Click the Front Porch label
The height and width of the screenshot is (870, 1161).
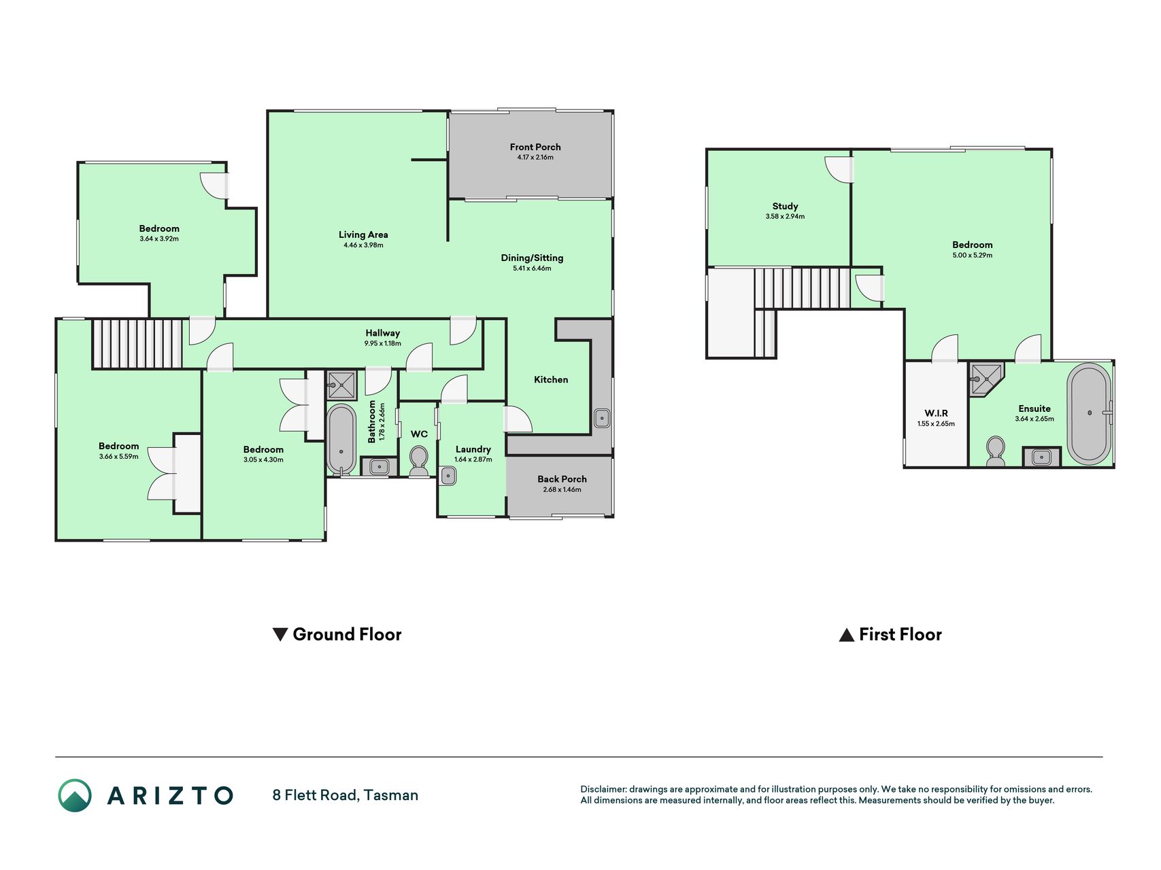535,147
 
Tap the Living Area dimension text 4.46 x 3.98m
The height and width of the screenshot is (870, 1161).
363,245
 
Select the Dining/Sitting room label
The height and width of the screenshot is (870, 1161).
532,258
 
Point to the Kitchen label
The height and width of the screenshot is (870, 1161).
551,379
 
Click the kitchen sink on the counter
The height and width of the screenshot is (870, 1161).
602,418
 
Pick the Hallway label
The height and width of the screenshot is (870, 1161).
383,333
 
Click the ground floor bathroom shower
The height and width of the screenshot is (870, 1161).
341,385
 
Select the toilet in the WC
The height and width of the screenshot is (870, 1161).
419,461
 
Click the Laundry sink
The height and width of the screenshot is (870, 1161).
448,475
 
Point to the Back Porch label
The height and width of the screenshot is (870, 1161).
562,479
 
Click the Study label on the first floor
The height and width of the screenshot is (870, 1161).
785,206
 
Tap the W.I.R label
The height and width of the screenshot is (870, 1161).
936,413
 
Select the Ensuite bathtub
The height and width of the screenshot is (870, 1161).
1089,414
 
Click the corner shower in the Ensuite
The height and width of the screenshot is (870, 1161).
986,379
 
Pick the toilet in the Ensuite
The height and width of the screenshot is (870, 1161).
995,451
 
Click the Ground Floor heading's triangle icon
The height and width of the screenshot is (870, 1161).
280,635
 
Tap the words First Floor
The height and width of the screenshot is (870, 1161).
900,635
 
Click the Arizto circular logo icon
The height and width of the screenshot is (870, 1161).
75,795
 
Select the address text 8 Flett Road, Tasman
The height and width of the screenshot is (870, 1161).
346,795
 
